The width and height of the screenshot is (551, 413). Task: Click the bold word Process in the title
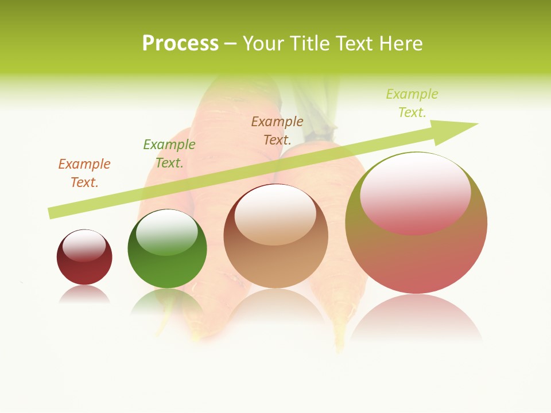(180, 44)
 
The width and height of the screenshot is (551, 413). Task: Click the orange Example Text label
(84, 173)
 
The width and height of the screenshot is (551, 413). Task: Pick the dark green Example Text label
(169, 153)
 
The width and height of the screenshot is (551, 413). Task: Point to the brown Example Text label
(277, 130)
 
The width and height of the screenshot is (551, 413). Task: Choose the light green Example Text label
(412, 103)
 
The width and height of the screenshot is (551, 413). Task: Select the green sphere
(167, 267)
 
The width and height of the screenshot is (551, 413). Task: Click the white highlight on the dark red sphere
(84, 245)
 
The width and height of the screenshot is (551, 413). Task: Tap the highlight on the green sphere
(167, 232)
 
